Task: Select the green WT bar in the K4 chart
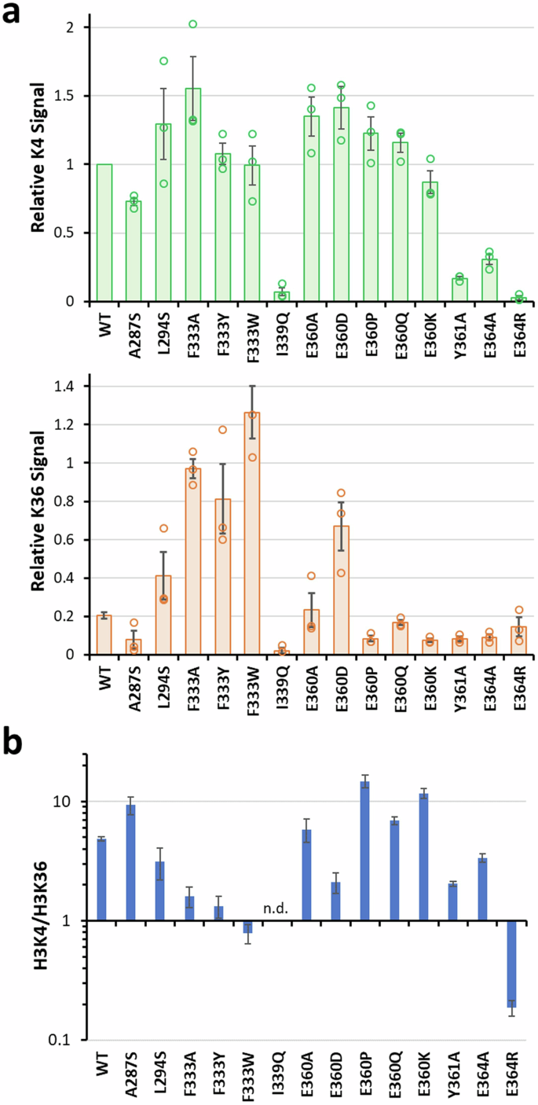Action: tap(104, 233)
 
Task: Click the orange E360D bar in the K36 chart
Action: tap(341, 590)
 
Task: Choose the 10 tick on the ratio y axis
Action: tap(75, 802)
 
